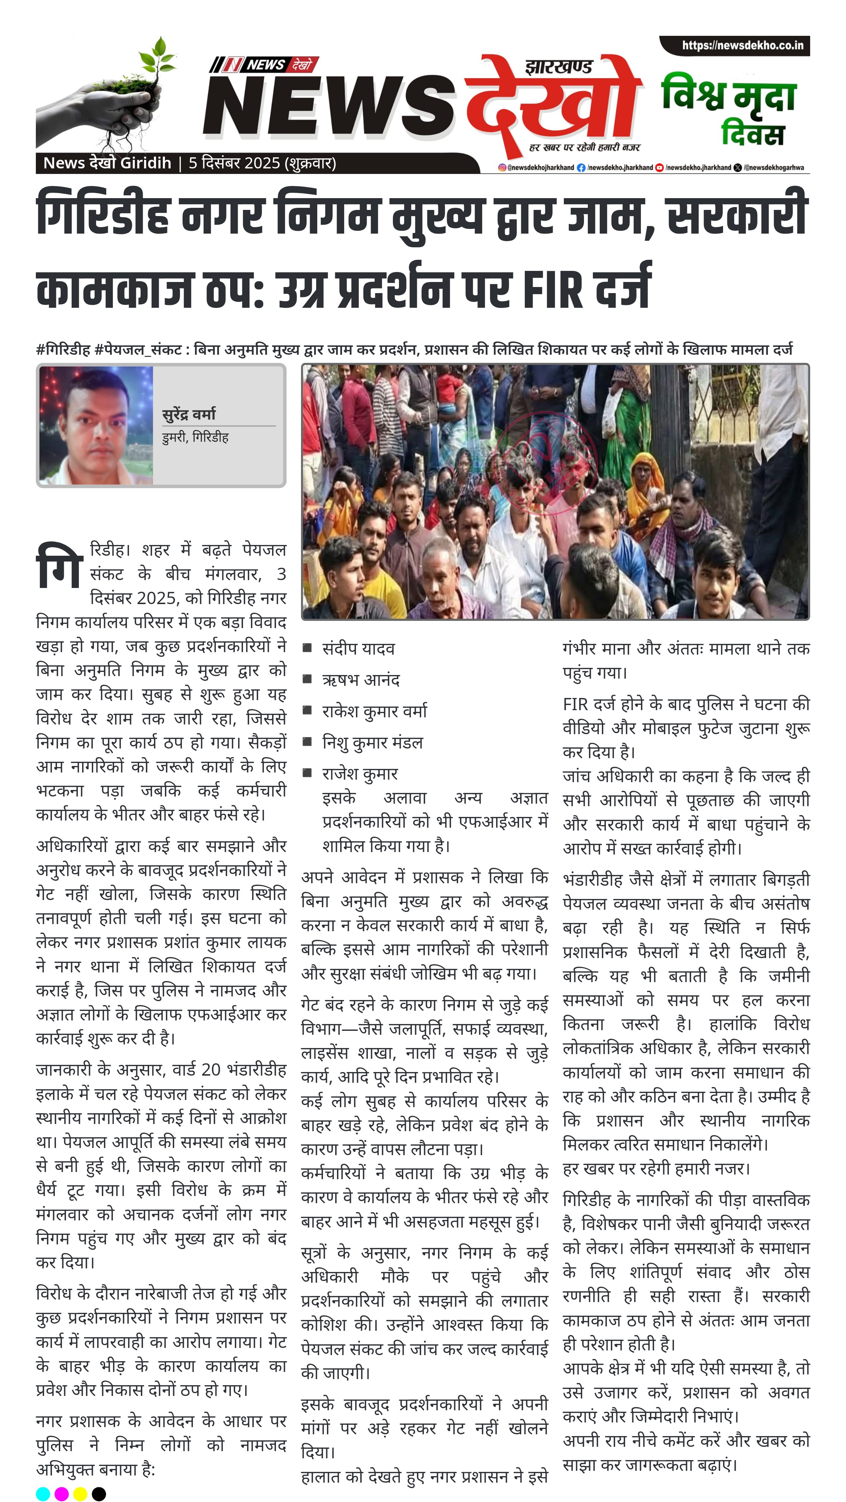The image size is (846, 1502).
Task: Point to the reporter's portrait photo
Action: point(96,425)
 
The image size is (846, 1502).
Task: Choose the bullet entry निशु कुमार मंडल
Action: point(372,743)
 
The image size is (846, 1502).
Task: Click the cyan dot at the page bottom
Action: point(43,1494)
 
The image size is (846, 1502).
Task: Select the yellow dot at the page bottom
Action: point(81,1494)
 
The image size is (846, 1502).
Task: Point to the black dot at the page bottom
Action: point(99,1494)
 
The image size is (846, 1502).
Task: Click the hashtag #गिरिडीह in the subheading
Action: point(63,350)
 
